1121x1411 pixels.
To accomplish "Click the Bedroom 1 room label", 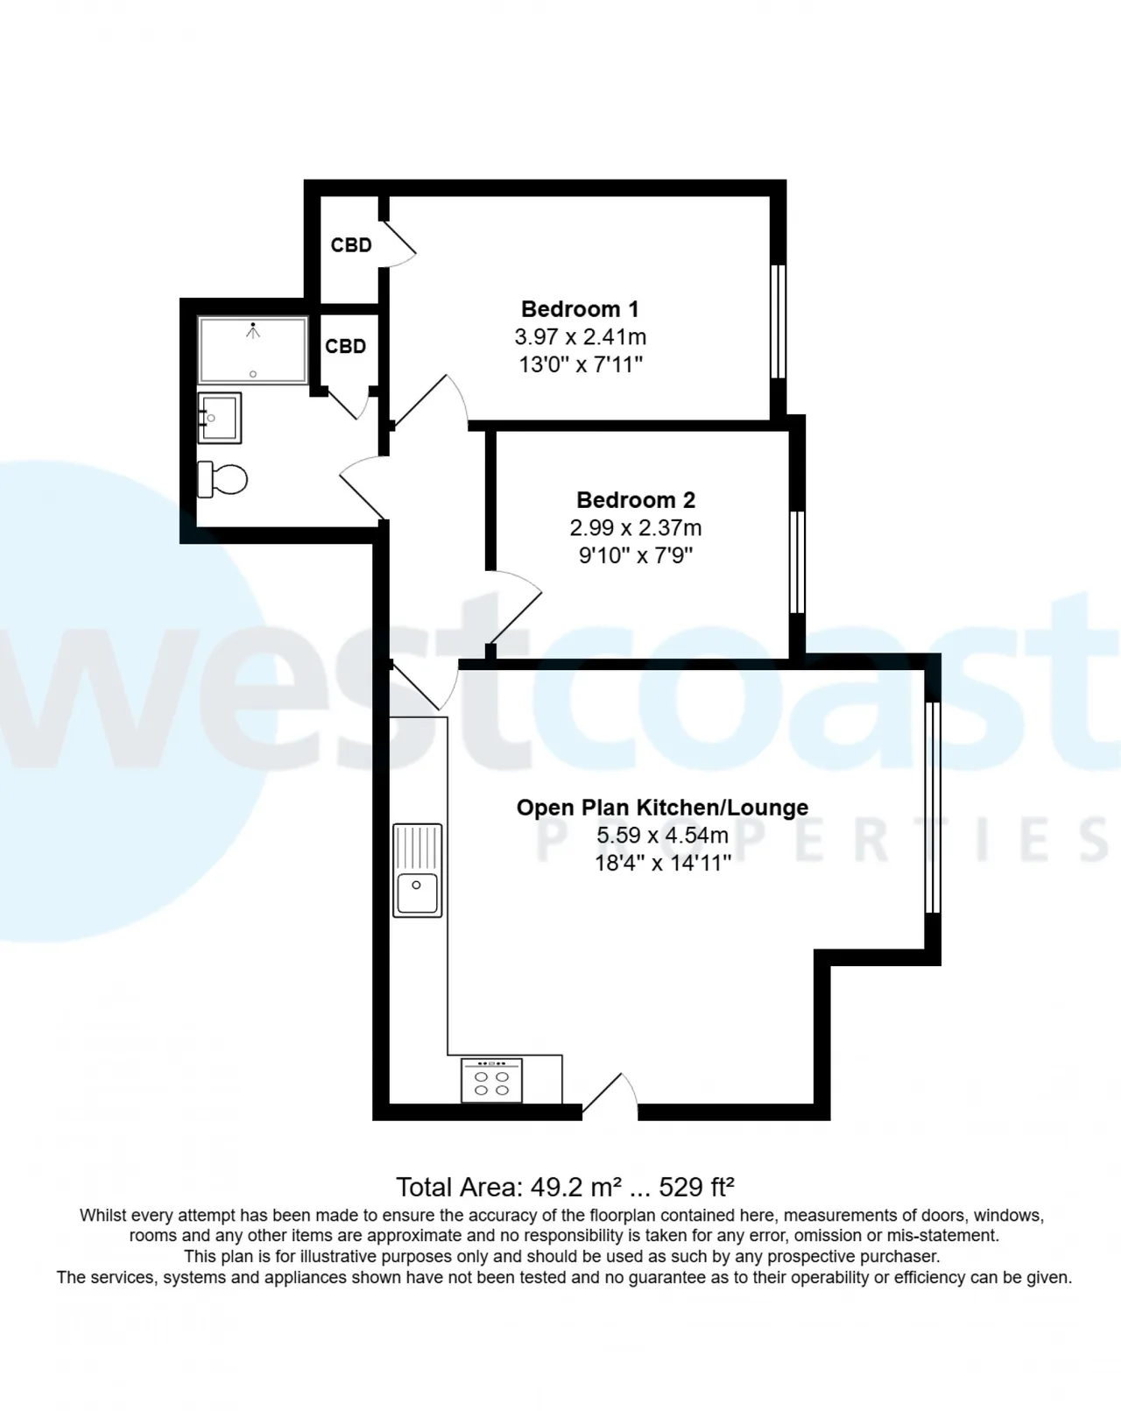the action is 580,309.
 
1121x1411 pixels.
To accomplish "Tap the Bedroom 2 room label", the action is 635,499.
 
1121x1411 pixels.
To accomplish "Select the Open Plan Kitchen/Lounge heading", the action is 662,808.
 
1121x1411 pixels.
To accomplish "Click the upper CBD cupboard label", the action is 350,245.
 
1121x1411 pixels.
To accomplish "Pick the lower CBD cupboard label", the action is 345,346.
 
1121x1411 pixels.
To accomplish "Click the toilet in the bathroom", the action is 222,479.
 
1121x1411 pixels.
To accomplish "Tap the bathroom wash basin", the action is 220,418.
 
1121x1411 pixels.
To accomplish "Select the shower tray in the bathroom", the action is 252,350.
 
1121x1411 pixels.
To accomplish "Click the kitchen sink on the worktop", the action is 418,870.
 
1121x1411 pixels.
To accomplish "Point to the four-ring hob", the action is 491,1080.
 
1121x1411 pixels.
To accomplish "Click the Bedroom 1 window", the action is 779,321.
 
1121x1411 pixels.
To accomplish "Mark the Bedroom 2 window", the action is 797,562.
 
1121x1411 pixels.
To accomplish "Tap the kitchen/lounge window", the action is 933,808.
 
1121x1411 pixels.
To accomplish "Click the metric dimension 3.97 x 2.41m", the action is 580,337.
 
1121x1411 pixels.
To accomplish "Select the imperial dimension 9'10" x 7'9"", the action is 635,556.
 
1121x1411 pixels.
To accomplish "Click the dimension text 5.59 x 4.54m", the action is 662,836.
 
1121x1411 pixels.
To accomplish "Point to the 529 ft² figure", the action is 696,1187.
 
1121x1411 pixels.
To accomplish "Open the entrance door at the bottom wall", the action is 610,1094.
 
